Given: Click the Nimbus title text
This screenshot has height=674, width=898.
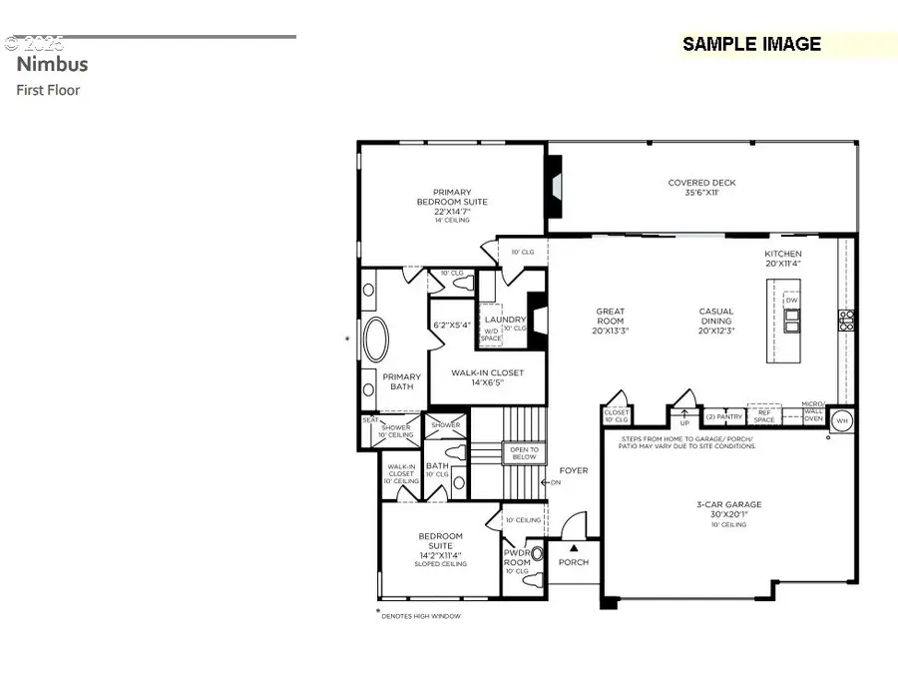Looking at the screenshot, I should coord(52,64).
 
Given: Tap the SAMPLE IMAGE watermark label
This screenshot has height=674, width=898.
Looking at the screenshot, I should coord(751,44).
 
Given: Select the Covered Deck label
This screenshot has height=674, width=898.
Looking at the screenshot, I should coord(701,188).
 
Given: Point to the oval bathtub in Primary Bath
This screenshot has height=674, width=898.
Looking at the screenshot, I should coord(378,339).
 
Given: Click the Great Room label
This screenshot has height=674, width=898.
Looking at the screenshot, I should coord(610,321).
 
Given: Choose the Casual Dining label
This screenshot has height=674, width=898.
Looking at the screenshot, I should coord(715,321).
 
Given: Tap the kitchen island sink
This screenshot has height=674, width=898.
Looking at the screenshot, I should coord(791,320).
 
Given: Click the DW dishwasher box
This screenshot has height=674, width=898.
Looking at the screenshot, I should coord(791,300).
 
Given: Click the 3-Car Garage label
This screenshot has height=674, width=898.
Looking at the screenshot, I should coord(728,510).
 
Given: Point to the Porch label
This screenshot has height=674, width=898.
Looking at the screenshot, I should coord(574,562).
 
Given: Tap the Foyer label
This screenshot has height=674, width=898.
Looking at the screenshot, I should coord(573,470).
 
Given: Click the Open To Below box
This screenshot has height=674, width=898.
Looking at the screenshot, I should coord(523,452).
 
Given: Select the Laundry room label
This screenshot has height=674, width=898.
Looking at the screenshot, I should coord(505,321).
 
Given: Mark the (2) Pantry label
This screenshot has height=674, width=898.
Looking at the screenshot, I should coord(724,416).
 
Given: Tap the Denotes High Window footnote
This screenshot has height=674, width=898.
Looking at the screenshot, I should coord(420,616).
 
